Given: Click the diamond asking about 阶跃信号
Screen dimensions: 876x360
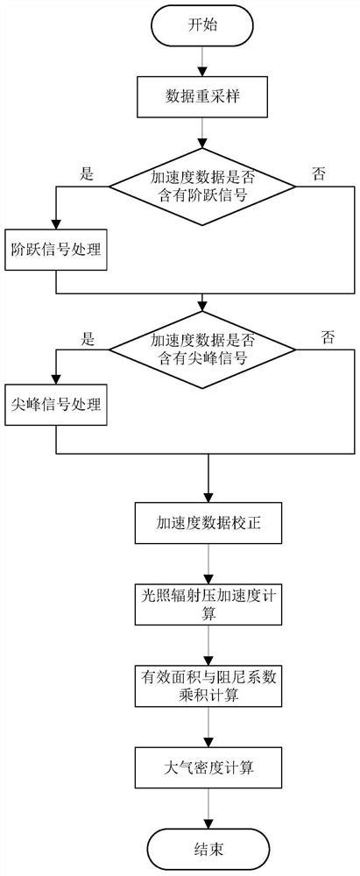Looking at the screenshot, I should (204, 185).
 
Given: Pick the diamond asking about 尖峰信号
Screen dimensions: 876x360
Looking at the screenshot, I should (204, 349).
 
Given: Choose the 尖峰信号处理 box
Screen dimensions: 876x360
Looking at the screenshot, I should (54, 406).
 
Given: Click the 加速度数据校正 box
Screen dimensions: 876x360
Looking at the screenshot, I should (208, 524).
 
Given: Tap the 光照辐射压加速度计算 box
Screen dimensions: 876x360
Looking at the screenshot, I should (208, 603).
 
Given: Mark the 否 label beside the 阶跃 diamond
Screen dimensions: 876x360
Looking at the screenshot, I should (319, 173).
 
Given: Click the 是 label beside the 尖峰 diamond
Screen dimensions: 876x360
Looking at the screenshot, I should (87, 336).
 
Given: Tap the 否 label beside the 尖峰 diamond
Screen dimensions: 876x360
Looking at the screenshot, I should (328, 336).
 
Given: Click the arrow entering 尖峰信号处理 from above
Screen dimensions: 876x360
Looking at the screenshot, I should (54, 369).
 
